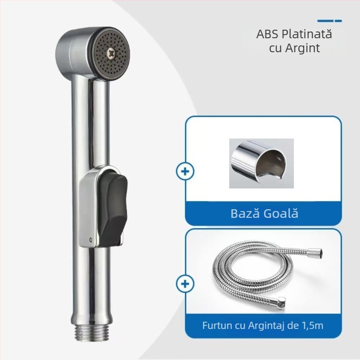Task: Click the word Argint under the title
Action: point(304,48)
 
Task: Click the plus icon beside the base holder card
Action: point(185,172)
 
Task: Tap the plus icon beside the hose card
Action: point(185,284)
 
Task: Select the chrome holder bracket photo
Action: point(261,163)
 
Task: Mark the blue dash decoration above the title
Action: point(329,21)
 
